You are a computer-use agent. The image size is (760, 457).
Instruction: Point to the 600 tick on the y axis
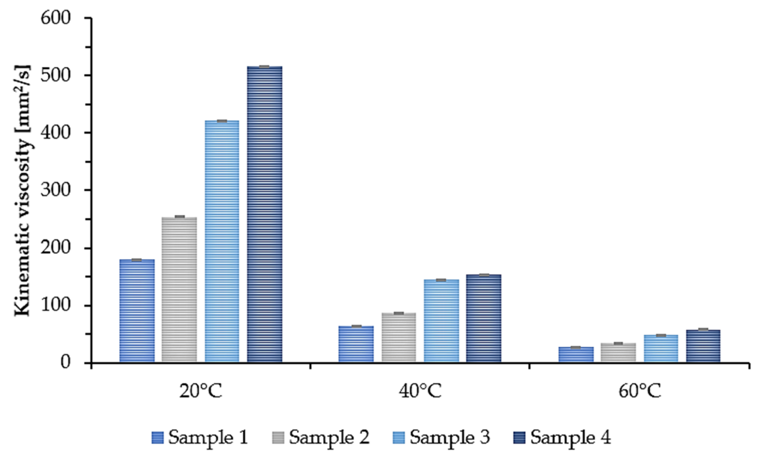55,19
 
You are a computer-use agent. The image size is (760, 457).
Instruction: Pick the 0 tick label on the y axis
65,363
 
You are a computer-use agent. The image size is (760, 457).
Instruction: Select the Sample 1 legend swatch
158,438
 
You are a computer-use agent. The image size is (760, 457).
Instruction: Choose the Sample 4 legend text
571,438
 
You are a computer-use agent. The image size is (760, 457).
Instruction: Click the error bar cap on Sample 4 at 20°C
264,66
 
